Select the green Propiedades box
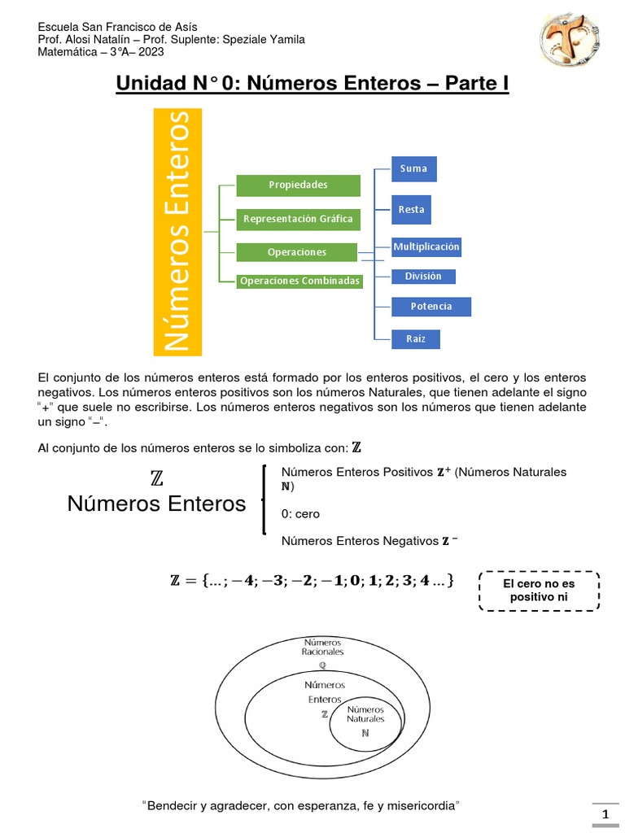(x=298, y=185)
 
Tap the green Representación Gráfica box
(x=298, y=219)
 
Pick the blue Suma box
(x=413, y=168)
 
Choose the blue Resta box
(x=411, y=210)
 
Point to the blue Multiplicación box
(x=426, y=246)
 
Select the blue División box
(x=423, y=277)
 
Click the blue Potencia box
(x=431, y=307)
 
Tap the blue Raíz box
(x=416, y=338)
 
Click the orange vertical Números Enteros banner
(x=178, y=233)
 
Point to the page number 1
(x=605, y=815)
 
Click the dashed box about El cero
(x=539, y=591)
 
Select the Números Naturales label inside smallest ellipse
(x=365, y=714)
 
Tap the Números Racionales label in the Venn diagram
(x=322, y=647)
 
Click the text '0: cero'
(x=300, y=514)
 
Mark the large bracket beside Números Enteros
(x=264, y=499)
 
